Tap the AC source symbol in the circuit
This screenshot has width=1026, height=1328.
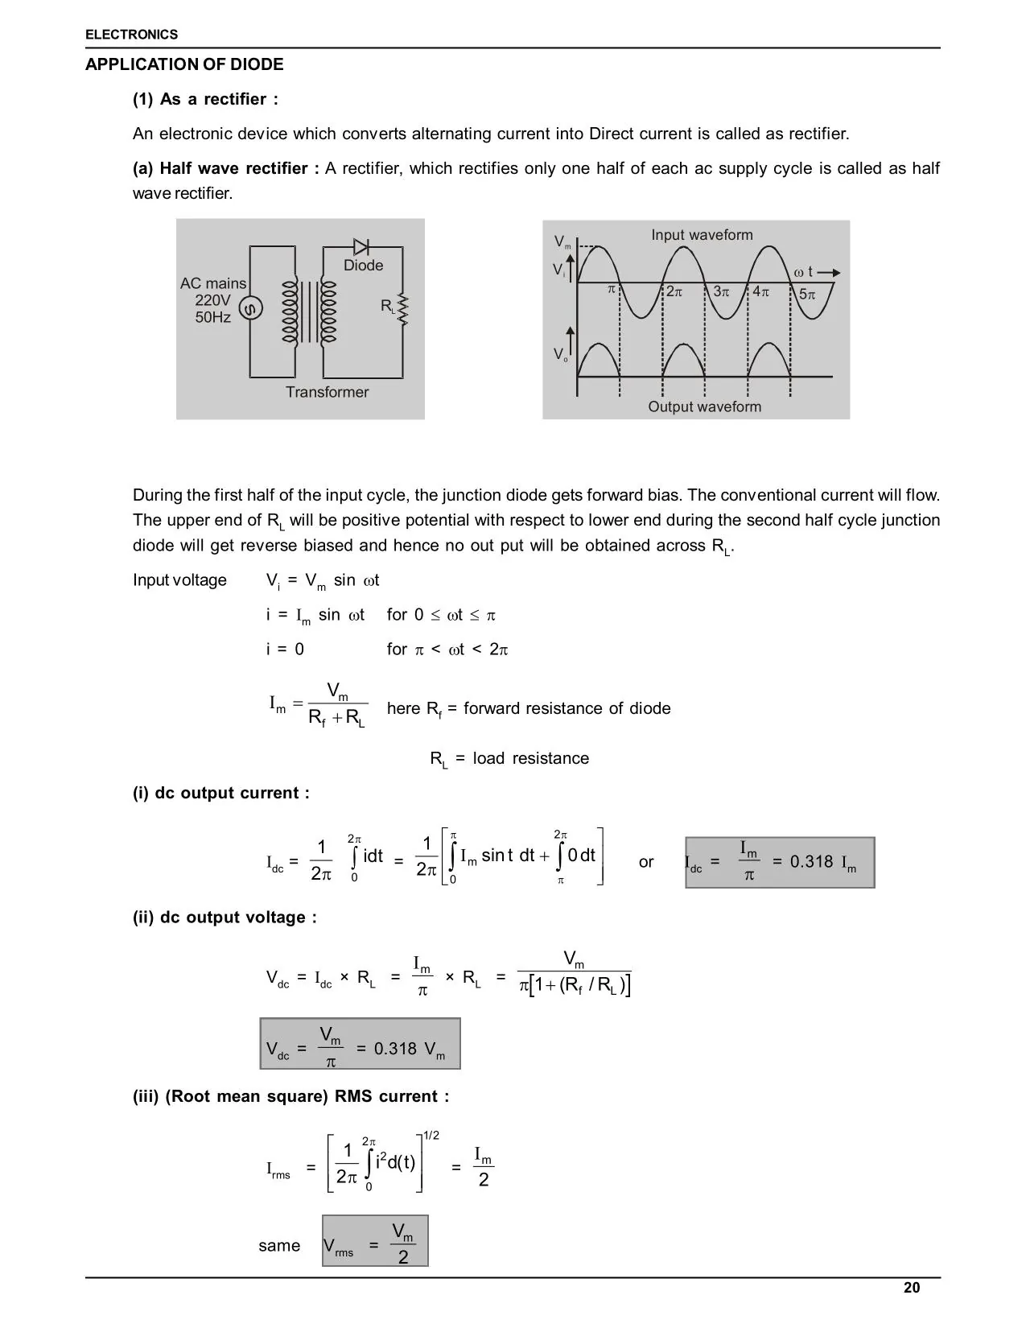pos(250,308)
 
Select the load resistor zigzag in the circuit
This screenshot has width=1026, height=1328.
pos(403,311)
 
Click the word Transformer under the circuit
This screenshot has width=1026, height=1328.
pos(327,392)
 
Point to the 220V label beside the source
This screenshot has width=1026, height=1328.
pos(212,300)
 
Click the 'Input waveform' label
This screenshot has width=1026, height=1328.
pos(702,235)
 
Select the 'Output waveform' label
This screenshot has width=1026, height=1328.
pos(704,406)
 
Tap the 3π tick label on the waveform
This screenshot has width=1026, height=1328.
pos(721,292)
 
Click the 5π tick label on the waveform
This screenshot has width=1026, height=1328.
pos(806,295)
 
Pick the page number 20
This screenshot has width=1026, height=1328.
pos(912,1288)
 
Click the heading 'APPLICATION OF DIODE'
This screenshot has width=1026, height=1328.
pos(184,64)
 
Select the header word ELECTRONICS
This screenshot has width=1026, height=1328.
pos(131,35)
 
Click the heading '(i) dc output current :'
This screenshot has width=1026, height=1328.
pos(220,793)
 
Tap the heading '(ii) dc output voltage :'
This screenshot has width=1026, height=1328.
pos(225,918)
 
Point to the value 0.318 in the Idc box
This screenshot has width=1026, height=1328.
pos(811,862)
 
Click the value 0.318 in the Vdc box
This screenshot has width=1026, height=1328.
pos(395,1049)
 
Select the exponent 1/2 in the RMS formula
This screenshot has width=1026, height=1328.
pos(431,1136)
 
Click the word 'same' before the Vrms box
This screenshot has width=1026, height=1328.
pos(279,1246)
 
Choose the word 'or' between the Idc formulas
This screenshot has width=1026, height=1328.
pos(646,862)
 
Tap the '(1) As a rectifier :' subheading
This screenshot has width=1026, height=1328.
pos(205,99)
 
